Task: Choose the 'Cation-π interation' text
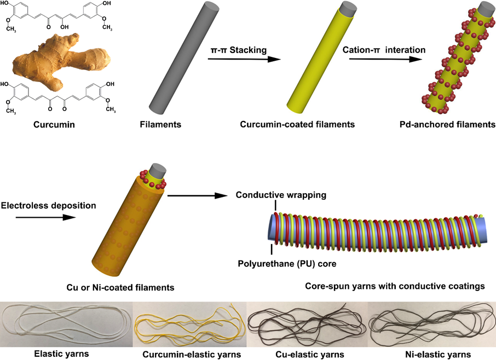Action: click(384, 50)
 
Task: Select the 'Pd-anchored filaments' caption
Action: click(447, 125)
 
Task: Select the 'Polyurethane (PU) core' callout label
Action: click(286, 263)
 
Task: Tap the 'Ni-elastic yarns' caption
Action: click(432, 355)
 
